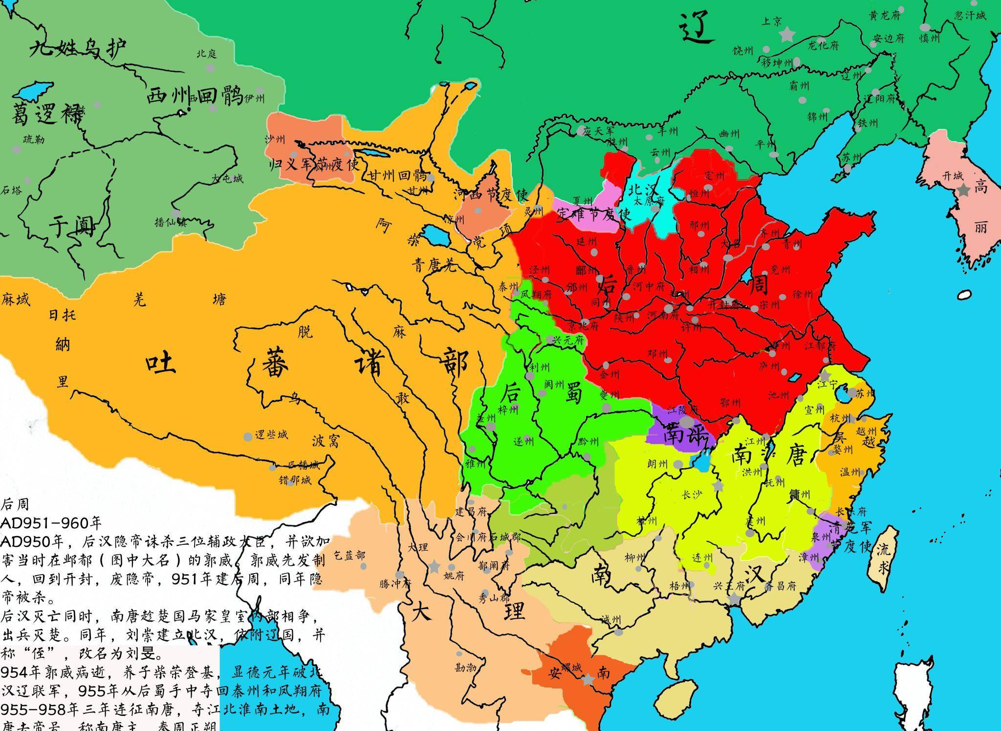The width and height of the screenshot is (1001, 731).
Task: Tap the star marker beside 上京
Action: (x=787, y=34)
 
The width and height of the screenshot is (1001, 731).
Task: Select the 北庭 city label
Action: (x=206, y=54)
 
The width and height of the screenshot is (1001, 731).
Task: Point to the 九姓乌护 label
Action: (x=78, y=48)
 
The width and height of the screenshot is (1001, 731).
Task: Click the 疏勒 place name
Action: (x=34, y=140)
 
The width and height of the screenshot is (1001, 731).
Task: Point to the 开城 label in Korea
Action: (x=952, y=176)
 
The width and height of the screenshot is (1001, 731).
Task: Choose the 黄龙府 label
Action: (x=885, y=16)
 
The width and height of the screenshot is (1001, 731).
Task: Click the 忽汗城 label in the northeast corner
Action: (x=970, y=16)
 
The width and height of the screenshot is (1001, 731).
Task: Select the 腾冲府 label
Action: (x=395, y=583)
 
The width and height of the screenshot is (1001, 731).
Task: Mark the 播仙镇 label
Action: (x=171, y=222)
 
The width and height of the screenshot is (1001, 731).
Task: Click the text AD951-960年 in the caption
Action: (x=51, y=523)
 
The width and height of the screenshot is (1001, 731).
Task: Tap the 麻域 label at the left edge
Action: (x=16, y=299)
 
